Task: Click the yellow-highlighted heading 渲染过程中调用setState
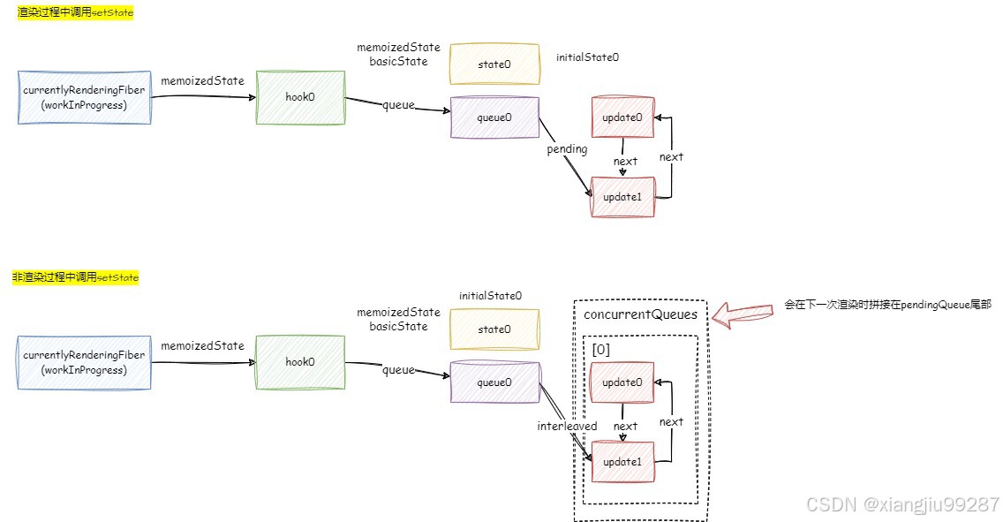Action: click(x=76, y=14)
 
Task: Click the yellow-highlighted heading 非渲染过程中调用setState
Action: click(x=76, y=277)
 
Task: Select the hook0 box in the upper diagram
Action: click(x=300, y=97)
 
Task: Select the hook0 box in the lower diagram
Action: click(x=300, y=362)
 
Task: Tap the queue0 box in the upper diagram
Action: click(x=494, y=117)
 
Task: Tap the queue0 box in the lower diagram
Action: click(x=494, y=382)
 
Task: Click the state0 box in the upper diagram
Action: click(x=494, y=64)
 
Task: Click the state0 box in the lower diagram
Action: click(x=494, y=329)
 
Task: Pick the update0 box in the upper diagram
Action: click(x=622, y=117)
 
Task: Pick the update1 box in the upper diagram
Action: click(x=622, y=196)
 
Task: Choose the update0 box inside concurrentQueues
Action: click(x=622, y=382)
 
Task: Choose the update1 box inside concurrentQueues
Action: click(x=622, y=461)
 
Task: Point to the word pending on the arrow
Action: click(x=567, y=149)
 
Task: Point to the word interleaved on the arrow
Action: click(x=567, y=427)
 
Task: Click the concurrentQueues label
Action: click(x=640, y=314)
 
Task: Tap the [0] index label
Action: click(x=601, y=349)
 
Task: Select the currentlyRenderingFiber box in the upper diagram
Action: click(x=85, y=97)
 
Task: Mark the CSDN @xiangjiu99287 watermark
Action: click(x=901, y=504)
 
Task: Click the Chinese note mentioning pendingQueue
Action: click(x=887, y=304)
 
